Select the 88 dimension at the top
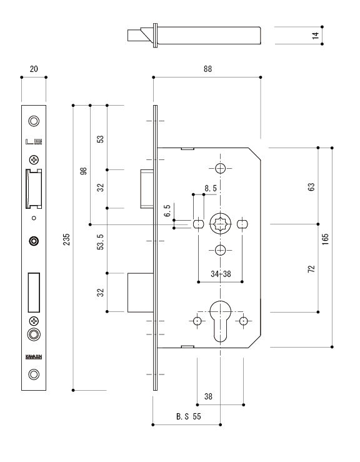tap(207, 70)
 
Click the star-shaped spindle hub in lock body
tap(221, 223)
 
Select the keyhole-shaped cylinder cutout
tap(220, 317)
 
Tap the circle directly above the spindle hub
tap(220, 168)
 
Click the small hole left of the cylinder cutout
tap(197, 321)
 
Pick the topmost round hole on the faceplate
tap(34, 121)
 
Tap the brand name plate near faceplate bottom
tap(34, 358)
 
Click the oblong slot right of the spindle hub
tap(242, 223)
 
